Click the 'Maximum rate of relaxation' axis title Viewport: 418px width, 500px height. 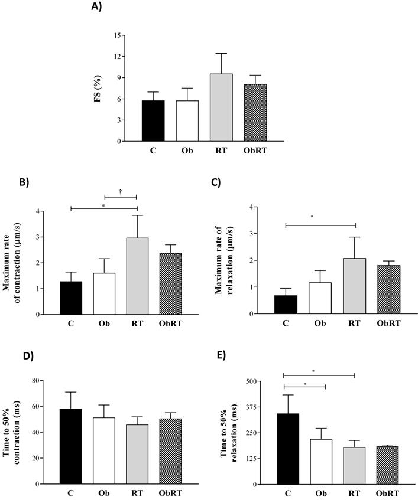(228, 261)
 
